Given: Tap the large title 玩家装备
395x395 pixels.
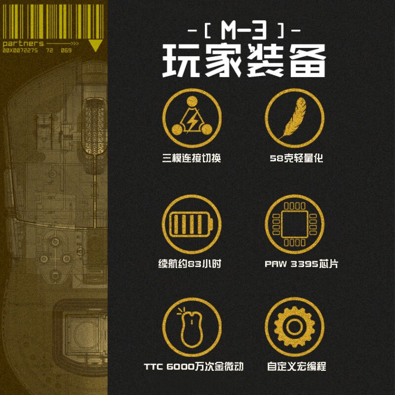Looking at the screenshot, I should pos(245,61).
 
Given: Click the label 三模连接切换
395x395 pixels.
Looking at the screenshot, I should pos(192,159).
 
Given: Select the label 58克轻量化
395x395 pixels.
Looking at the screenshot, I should pos(296,159).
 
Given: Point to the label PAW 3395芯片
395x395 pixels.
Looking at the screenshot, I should pos(301,264).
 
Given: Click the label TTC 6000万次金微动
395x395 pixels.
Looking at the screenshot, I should pos(194,367).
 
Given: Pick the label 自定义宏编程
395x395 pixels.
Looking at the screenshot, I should pos(296,367).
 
